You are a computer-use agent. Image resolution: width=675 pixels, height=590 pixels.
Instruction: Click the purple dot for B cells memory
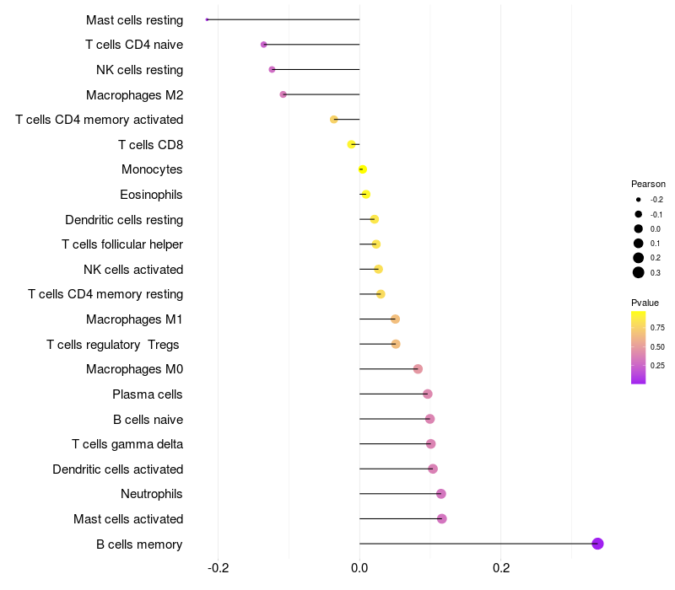(597, 544)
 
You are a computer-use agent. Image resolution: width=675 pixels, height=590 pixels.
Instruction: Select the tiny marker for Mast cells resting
(207, 19)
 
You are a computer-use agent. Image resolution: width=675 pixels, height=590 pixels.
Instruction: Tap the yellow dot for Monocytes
(363, 169)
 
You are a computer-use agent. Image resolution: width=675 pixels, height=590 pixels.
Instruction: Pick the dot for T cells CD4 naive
(264, 45)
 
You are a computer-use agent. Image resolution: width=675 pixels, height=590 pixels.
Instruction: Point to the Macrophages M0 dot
(418, 369)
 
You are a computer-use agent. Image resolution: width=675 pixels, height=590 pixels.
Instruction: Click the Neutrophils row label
(152, 494)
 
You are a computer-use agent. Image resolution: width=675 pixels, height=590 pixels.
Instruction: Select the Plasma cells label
(147, 394)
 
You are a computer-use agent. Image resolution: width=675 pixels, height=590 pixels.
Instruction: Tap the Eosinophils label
(151, 195)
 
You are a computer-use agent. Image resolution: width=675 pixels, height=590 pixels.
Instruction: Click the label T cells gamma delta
(127, 444)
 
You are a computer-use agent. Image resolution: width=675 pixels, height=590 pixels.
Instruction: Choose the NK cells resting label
(139, 70)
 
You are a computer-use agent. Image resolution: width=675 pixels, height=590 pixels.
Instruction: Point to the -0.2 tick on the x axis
(218, 568)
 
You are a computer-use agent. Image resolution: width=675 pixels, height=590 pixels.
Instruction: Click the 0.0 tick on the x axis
(359, 568)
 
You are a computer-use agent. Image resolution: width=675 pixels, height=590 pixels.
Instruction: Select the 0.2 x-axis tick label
(501, 568)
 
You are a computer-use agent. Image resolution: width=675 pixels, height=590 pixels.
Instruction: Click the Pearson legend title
(648, 184)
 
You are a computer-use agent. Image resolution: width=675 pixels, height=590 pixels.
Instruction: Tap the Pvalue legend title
(645, 303)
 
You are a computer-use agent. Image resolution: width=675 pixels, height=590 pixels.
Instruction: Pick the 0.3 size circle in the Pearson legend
(639, 272)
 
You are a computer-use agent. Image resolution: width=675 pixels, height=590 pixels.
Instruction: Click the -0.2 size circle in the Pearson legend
(639, 200)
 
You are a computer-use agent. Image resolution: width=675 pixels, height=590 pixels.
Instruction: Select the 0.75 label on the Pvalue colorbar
(657, 328)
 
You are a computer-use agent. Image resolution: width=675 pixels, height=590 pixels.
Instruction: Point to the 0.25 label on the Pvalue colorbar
(657, 366)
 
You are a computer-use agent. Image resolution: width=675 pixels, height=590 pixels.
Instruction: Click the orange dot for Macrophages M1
(395, 319)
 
